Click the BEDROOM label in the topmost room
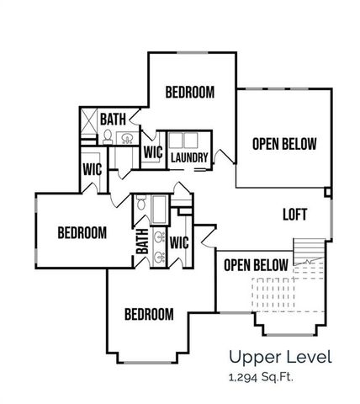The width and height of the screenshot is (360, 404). coord(189,92)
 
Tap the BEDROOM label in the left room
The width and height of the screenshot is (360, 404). coord(82,232)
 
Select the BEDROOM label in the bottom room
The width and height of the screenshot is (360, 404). coord(149,314)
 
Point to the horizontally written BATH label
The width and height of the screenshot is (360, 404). coord(114,120)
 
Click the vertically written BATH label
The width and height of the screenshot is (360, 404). coord(142,242)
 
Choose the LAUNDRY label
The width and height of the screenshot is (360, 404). coord(189,157)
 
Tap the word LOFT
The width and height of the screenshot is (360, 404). coord(294,215)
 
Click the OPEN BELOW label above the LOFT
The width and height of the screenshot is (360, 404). coord(284,144)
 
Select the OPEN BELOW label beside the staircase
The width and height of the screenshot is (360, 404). coord(257,265)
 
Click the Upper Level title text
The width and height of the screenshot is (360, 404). coord(281,357)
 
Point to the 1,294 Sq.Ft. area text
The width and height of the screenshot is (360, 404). coord(263,376)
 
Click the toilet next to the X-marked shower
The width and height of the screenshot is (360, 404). coord(109,136)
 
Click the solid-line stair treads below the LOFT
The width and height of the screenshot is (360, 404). coord(308,253)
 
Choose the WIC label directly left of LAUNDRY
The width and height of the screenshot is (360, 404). coord(152,152)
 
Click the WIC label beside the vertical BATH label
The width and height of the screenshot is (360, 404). coord(178,242)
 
